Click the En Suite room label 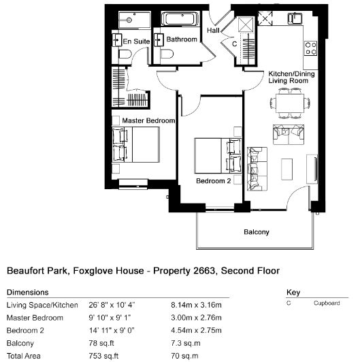click(136, 42)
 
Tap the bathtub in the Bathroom click(180, 18)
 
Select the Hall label click(213, 30)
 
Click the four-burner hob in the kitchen click(310, 48)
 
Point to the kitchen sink click(295, 18)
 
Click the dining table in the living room click(290, 103)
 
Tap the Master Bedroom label click(148, 120)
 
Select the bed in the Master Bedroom click(136, 144)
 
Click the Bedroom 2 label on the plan click(214, 181)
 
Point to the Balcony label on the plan click(257, 232)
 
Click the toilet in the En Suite click(125, 55)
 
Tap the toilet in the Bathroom click(167, 54)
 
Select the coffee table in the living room click(287, 169)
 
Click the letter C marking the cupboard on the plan click(234, 44)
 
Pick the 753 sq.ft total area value click(103, 356)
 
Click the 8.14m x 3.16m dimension click(196, 305)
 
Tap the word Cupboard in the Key click(327, 303)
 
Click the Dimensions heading click(28, 293)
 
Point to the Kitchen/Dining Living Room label click(291, 77)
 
